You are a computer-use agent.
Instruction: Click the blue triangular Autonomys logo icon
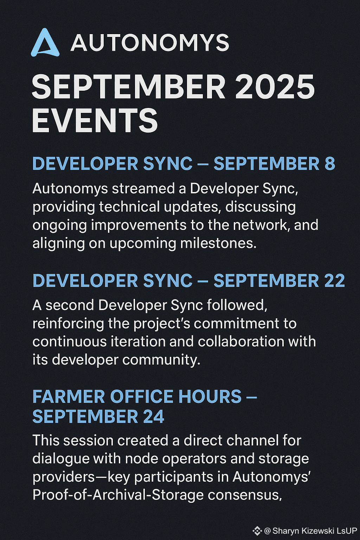[x=45, y=43]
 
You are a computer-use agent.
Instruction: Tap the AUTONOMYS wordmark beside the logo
[x=149, y=43]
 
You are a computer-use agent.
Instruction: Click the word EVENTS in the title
[x=95, y=120]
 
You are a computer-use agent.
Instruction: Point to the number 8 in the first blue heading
[x=330, y=163]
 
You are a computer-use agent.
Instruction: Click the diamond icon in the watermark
[x=257, y=531]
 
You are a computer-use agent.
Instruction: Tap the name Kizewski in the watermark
[x=317, y=531]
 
